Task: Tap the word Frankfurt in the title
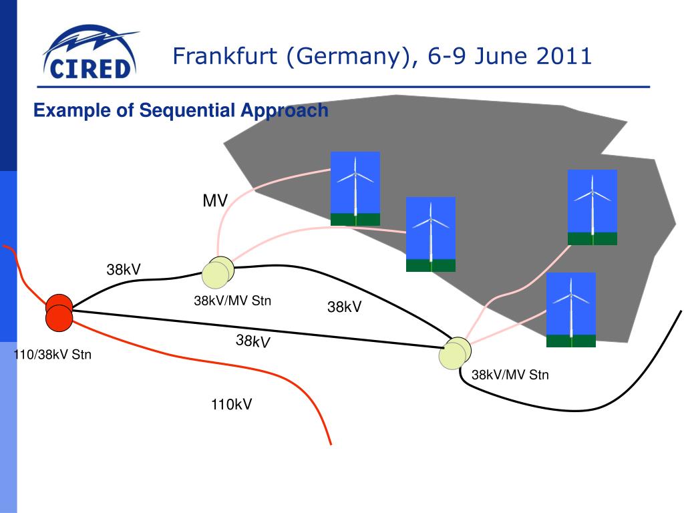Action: point(225,56)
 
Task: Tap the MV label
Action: point(215,200)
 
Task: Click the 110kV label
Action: point(232,404)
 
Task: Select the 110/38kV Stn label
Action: point(52,355)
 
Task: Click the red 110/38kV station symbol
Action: point(59,312)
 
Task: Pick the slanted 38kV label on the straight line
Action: point(252,341)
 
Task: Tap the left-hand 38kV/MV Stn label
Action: point(232,301)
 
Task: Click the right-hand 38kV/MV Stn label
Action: point(510,375)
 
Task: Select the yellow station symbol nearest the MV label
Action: point(218,271)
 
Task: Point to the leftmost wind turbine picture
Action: point(355,188)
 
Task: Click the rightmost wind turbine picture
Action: point(592,207)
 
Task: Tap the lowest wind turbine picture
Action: point(571,309)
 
